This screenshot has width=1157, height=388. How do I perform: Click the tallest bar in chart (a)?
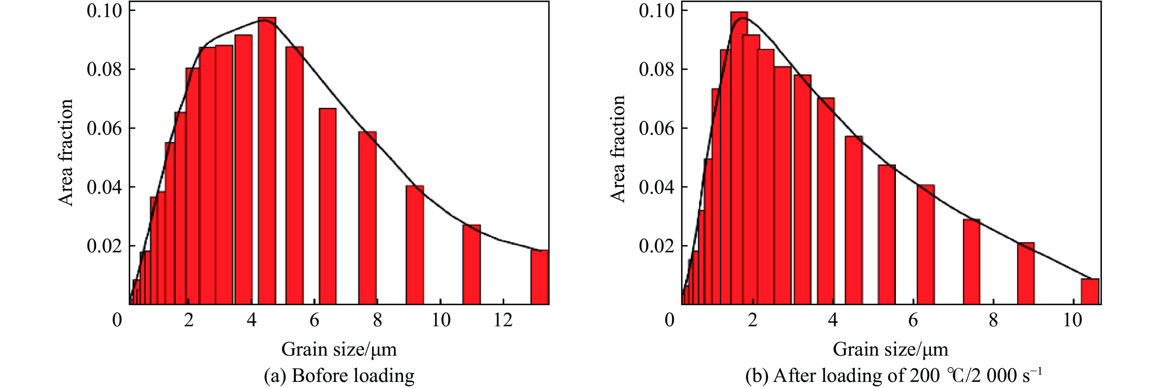click(x=267, y=162)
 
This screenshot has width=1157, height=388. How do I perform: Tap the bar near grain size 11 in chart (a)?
click(x=472, y=265)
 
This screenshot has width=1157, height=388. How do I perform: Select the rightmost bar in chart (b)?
click(x=1090, y=291)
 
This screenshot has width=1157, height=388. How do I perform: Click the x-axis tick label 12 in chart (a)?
click(x=503, y=320)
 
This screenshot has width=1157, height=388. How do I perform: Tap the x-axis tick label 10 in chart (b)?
click(x=1073, y=320)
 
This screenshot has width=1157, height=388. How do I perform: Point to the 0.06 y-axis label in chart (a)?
click(x=104, y=129)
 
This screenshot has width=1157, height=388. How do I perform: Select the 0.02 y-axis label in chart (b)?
click(x=657, y=246)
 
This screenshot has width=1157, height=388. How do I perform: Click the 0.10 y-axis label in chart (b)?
click(x=657, y=11)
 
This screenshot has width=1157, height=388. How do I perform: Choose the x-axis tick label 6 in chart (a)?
click(x=314, y=320)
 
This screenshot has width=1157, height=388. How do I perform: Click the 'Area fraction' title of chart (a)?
click(x=66, y=152)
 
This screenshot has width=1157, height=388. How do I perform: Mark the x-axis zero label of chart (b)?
click(x=670, y=320)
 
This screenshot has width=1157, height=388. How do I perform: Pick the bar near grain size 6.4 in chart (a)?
click(x=328, y=206)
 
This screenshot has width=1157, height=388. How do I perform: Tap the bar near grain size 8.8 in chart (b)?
click(x=1026, y=274)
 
